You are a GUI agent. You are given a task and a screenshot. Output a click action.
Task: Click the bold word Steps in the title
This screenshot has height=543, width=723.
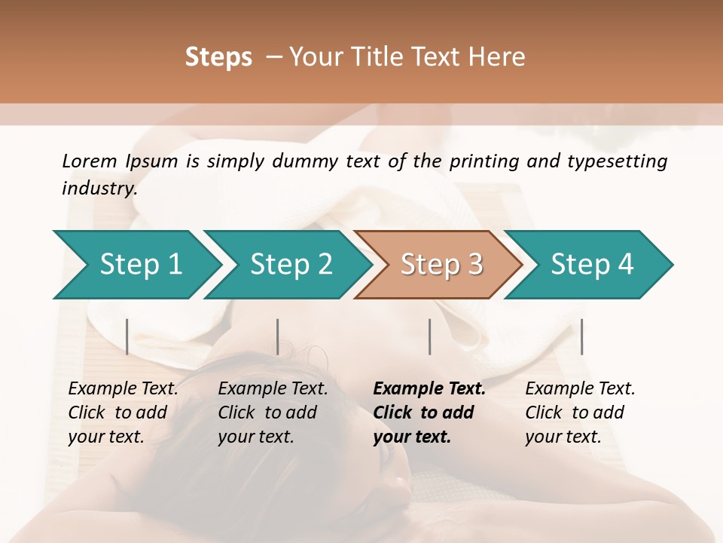(218, 57)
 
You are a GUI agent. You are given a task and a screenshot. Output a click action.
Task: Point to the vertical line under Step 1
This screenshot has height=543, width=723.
(127, 336)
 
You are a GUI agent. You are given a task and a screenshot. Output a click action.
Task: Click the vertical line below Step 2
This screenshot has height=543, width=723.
(278, 336)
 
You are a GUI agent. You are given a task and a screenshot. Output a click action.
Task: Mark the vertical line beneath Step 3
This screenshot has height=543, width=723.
(429, 336)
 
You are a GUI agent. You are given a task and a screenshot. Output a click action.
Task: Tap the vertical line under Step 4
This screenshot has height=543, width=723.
(581, 336)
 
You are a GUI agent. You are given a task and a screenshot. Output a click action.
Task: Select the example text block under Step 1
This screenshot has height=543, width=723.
(123, 412)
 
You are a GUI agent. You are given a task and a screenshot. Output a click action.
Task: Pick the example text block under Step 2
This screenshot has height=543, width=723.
(273, 412)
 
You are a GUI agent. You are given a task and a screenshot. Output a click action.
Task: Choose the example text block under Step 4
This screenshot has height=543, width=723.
(580, 412)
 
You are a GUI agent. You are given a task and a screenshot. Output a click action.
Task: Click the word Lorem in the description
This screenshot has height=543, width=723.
(89, 161)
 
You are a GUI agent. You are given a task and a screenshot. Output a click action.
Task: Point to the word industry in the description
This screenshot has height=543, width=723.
(99, 189)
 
